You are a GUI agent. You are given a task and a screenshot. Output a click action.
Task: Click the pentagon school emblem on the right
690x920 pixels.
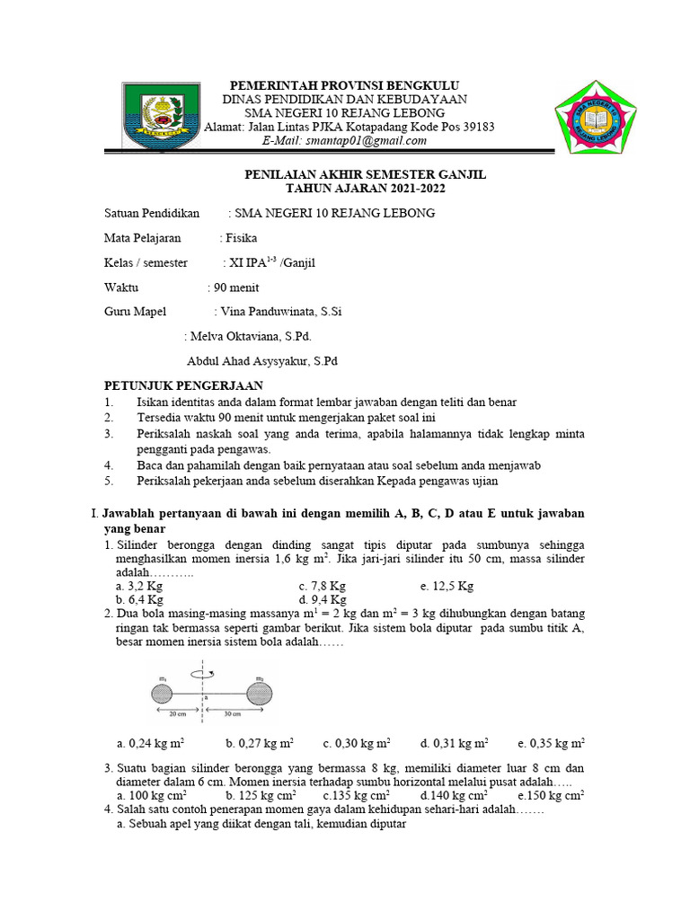pyautogui.click(x=597, y=118)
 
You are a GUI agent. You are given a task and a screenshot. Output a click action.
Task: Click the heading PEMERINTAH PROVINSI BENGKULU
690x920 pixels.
pyautogui.click(x=344, y=84)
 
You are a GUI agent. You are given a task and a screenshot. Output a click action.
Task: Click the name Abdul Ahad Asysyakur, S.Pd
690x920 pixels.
pyautogui.click(x=261, y=362)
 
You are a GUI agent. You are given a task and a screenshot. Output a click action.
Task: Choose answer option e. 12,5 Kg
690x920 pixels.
pyautogui.click(x=446, y=586)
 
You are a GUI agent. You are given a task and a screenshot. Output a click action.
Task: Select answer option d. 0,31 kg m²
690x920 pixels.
pyautogui.click(x=454, y=743)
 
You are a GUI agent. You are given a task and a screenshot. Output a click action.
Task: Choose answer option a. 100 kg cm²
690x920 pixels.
pyautogui.click(x=152, y=795)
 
